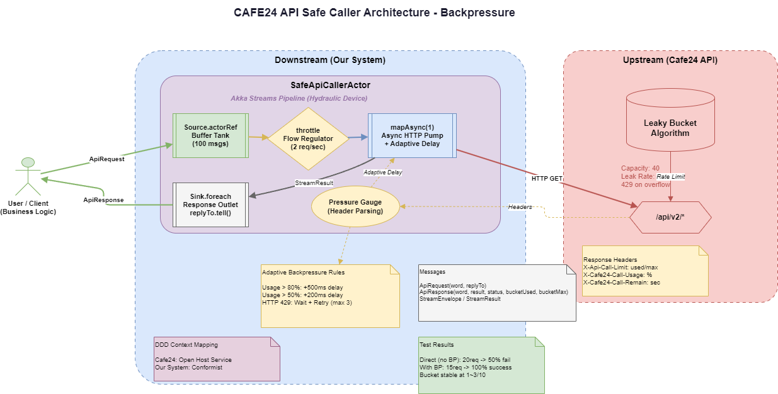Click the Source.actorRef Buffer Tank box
[210, 135]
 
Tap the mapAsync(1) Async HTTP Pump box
[412, 135]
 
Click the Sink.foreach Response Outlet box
[210, 205]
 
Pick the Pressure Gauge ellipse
[355, 206]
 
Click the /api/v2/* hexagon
[670, 217]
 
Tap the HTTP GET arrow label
[546, 179]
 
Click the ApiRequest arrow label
[106, 159]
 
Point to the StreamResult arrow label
[313, 183]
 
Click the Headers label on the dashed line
[520, 206]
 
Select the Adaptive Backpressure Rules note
[330, 296]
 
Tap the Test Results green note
[481, 365]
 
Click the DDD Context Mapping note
[217, 359]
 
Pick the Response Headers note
[645, 271]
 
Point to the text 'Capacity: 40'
[640, 168]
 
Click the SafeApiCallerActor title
[330, 85]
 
